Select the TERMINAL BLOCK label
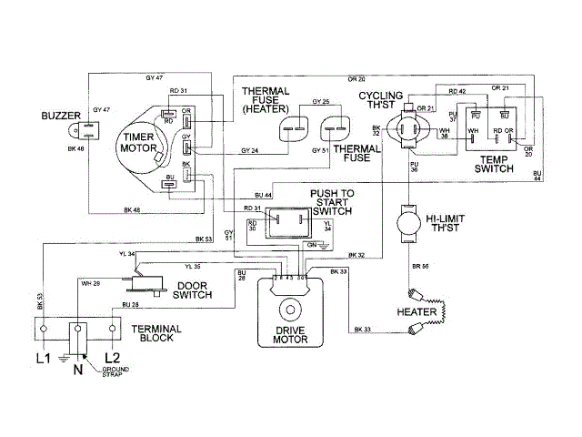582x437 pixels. point(156,332)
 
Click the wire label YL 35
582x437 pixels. point(193,266)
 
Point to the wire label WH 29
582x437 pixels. point(91,285)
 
